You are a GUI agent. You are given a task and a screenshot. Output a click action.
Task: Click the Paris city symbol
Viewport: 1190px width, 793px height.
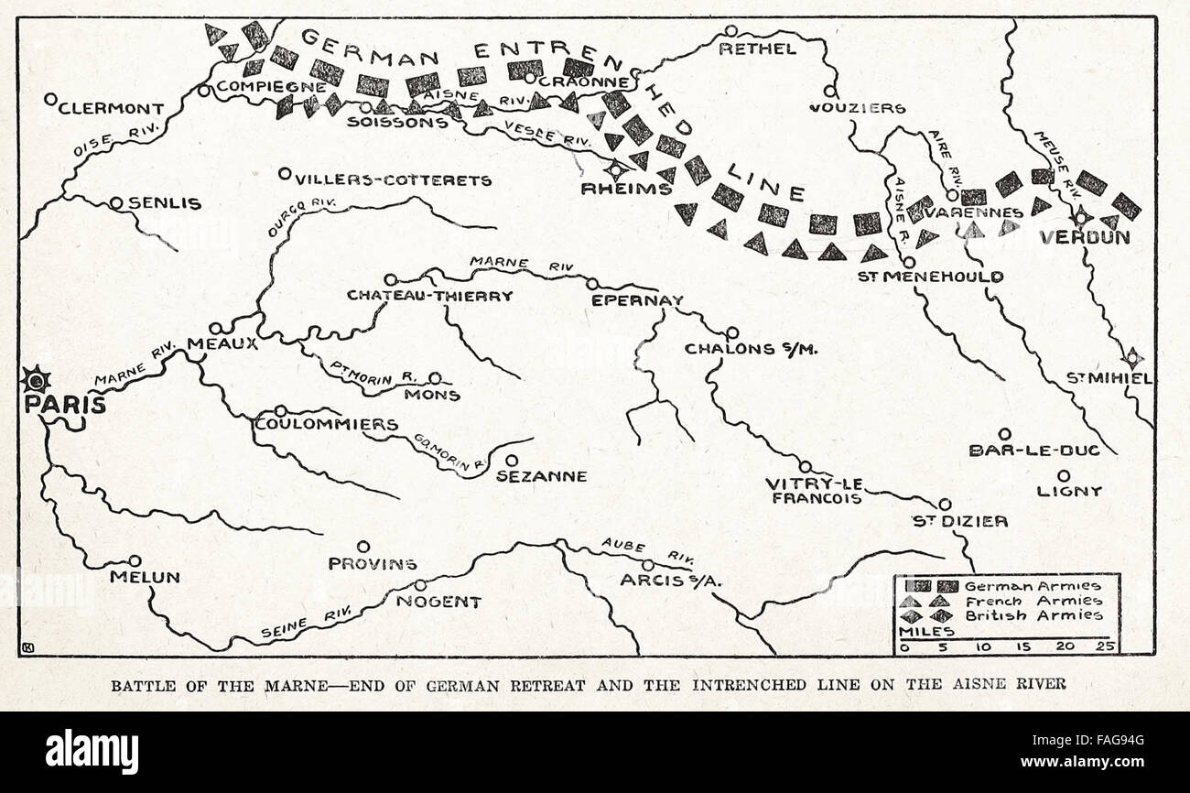35,379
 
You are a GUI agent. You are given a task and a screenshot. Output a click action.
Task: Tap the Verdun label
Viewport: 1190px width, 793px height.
1084,238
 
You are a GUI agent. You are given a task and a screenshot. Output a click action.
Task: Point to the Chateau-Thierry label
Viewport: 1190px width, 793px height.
429,296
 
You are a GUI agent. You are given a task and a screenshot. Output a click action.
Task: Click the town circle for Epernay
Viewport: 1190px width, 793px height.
592,284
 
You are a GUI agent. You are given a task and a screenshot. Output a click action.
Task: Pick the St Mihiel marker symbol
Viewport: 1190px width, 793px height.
1132,358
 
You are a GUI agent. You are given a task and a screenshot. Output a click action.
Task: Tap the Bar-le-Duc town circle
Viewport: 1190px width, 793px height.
1004,434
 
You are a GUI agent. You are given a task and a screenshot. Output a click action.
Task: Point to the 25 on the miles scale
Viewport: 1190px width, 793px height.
1109,646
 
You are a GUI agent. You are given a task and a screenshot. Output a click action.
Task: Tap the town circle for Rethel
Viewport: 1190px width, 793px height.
730,31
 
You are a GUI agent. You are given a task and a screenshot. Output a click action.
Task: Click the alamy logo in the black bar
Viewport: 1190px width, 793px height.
92,752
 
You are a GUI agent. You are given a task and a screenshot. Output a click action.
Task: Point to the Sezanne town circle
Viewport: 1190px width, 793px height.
512,461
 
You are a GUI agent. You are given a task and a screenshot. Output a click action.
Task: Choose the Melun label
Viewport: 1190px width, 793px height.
144,578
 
